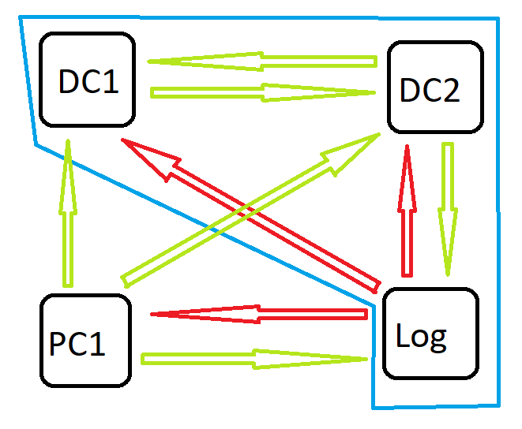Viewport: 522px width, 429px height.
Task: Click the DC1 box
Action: pyautogui.click(x=87, y=80)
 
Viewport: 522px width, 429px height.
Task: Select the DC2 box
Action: pyautogui.click(x=434, y=88)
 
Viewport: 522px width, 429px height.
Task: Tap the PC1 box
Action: pyautogui.click(x=84, y=341)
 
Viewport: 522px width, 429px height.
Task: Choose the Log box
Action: pyautogui.click(x=430, y=334)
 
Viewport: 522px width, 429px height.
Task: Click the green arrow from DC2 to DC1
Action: pyautogui.click(x=261, y=61)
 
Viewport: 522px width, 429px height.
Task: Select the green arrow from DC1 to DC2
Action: pyautogui.click(x=261, y=92)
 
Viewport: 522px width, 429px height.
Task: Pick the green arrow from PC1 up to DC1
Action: pyautogui.click(x=68, y=221)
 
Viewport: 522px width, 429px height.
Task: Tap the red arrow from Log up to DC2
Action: pyautogui.click(x=407, y=221)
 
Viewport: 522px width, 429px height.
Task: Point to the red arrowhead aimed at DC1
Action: pyautogui.click(x=150, y=158)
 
